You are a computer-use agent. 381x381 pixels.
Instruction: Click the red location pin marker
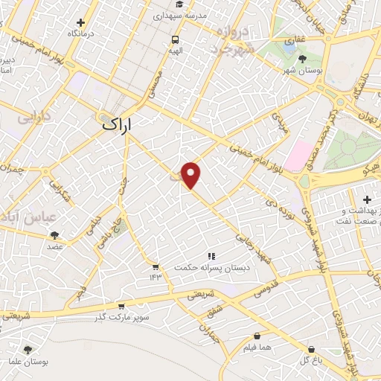point(192,174)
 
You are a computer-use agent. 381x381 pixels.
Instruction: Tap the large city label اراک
point(119,126)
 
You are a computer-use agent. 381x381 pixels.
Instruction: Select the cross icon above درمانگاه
point(89,22)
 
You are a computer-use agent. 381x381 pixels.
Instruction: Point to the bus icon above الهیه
point(175,39)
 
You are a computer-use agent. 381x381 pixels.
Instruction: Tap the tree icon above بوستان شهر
point(301,59)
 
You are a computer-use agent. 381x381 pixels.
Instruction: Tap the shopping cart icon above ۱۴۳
point(155,266)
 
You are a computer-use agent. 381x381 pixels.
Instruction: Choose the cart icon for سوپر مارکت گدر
point(121,305)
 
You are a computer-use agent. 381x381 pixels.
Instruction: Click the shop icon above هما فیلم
point(257,336)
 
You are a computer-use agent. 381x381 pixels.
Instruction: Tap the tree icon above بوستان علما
point(28,350)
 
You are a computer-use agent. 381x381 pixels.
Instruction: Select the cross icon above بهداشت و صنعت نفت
point(367,199)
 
